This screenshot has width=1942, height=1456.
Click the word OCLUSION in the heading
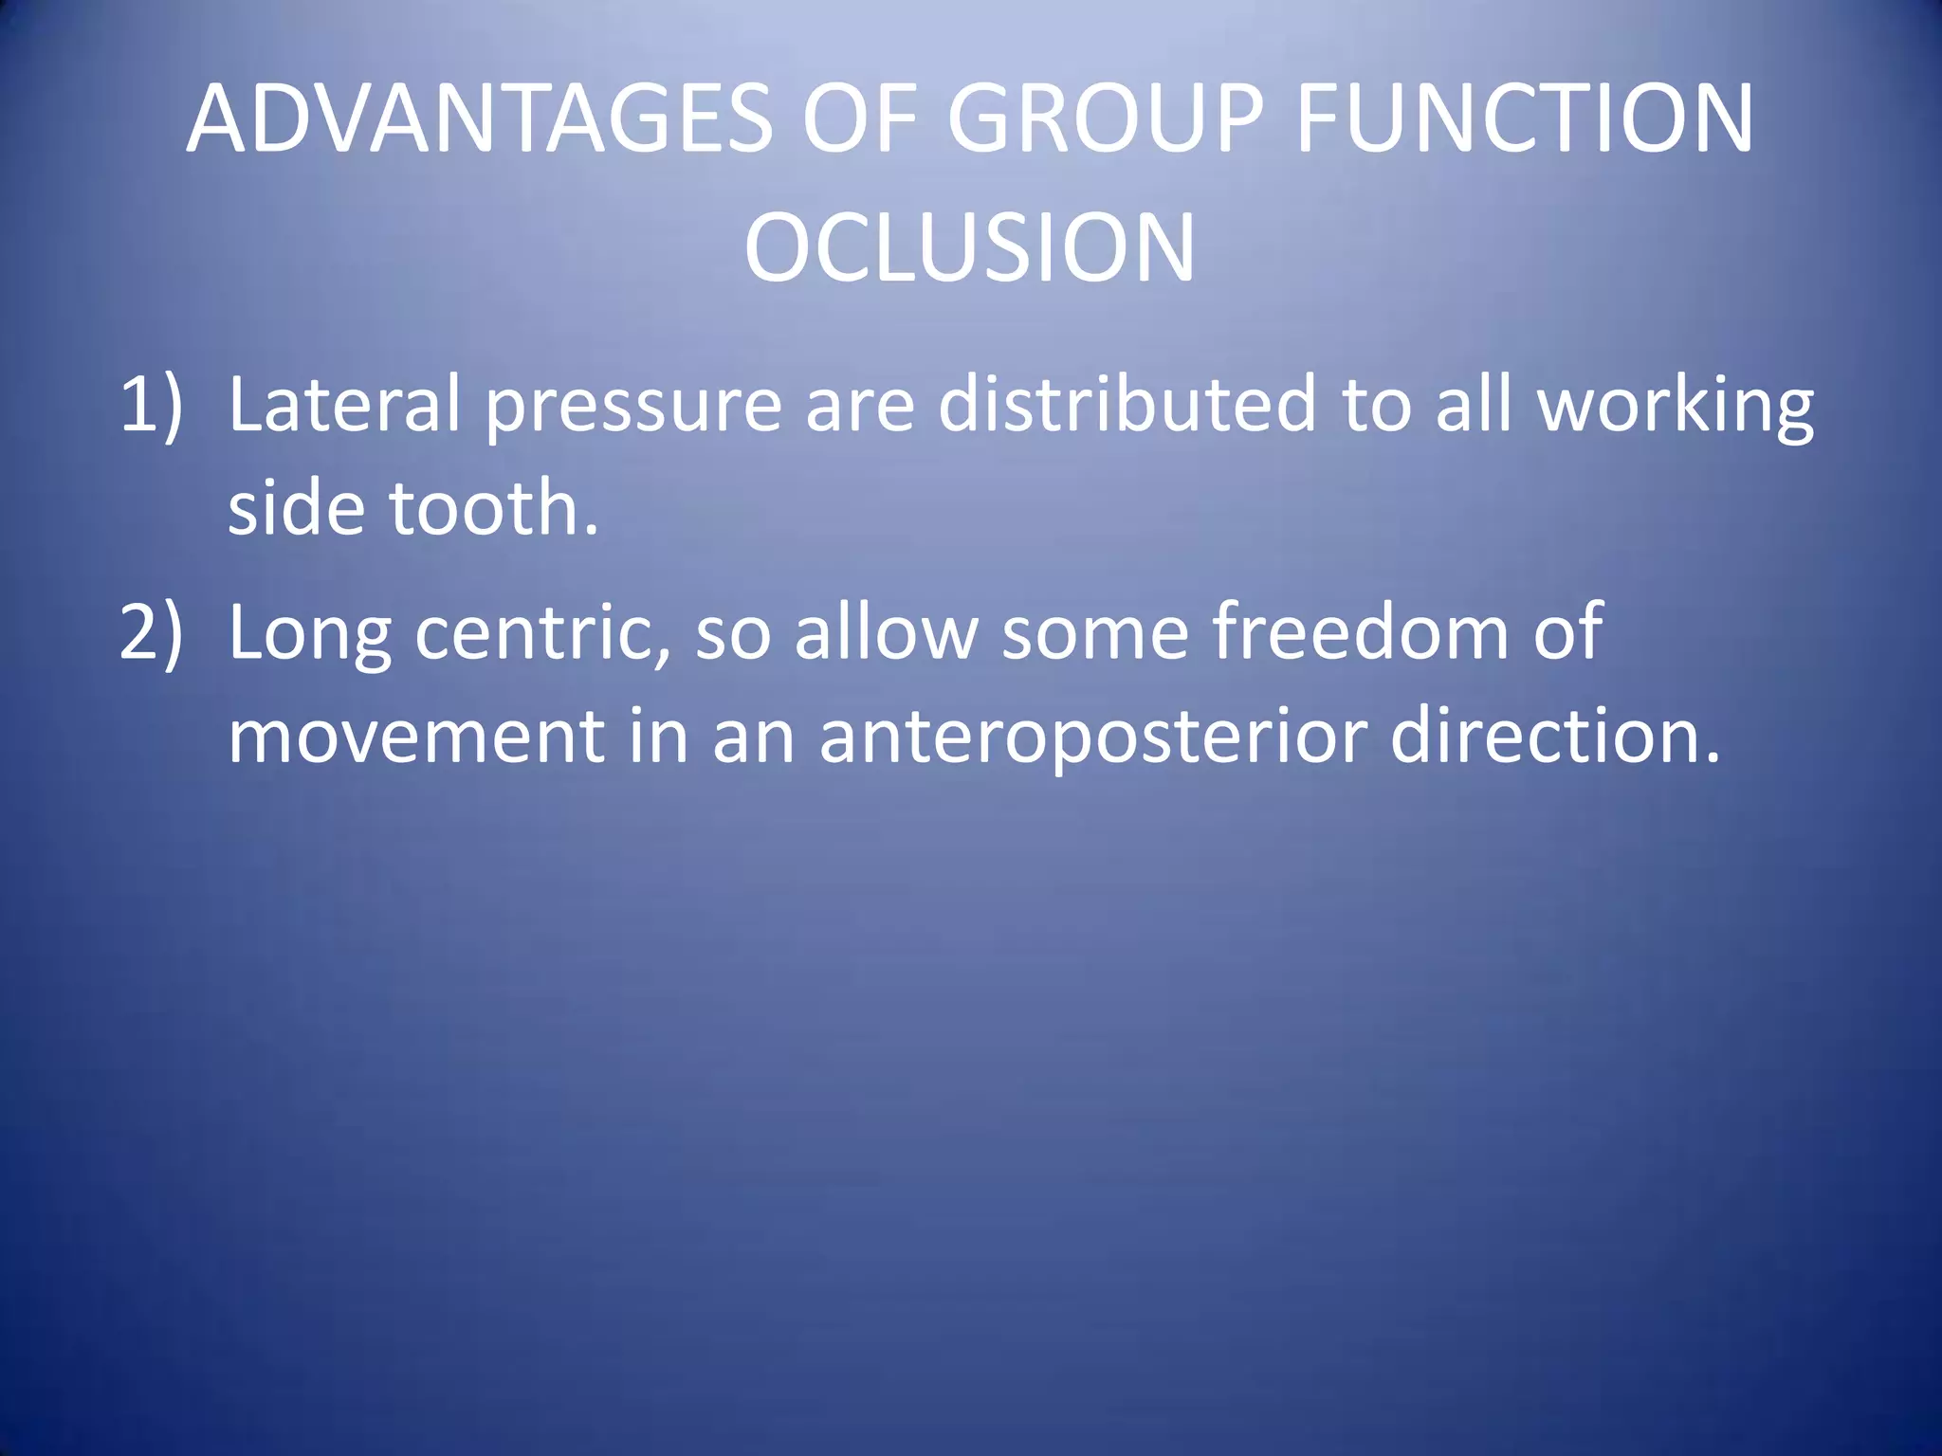[x=969, y=248]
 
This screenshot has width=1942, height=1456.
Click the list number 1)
[x=150, y=405]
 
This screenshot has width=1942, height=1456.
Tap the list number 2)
[x=150, y=632]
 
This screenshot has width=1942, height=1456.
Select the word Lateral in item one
[x=343, y=405]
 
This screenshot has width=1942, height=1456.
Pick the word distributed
[x=1127, y=405]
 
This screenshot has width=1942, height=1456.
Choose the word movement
[x=415, y=737]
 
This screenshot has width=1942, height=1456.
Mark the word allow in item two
[x=886, y=632]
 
